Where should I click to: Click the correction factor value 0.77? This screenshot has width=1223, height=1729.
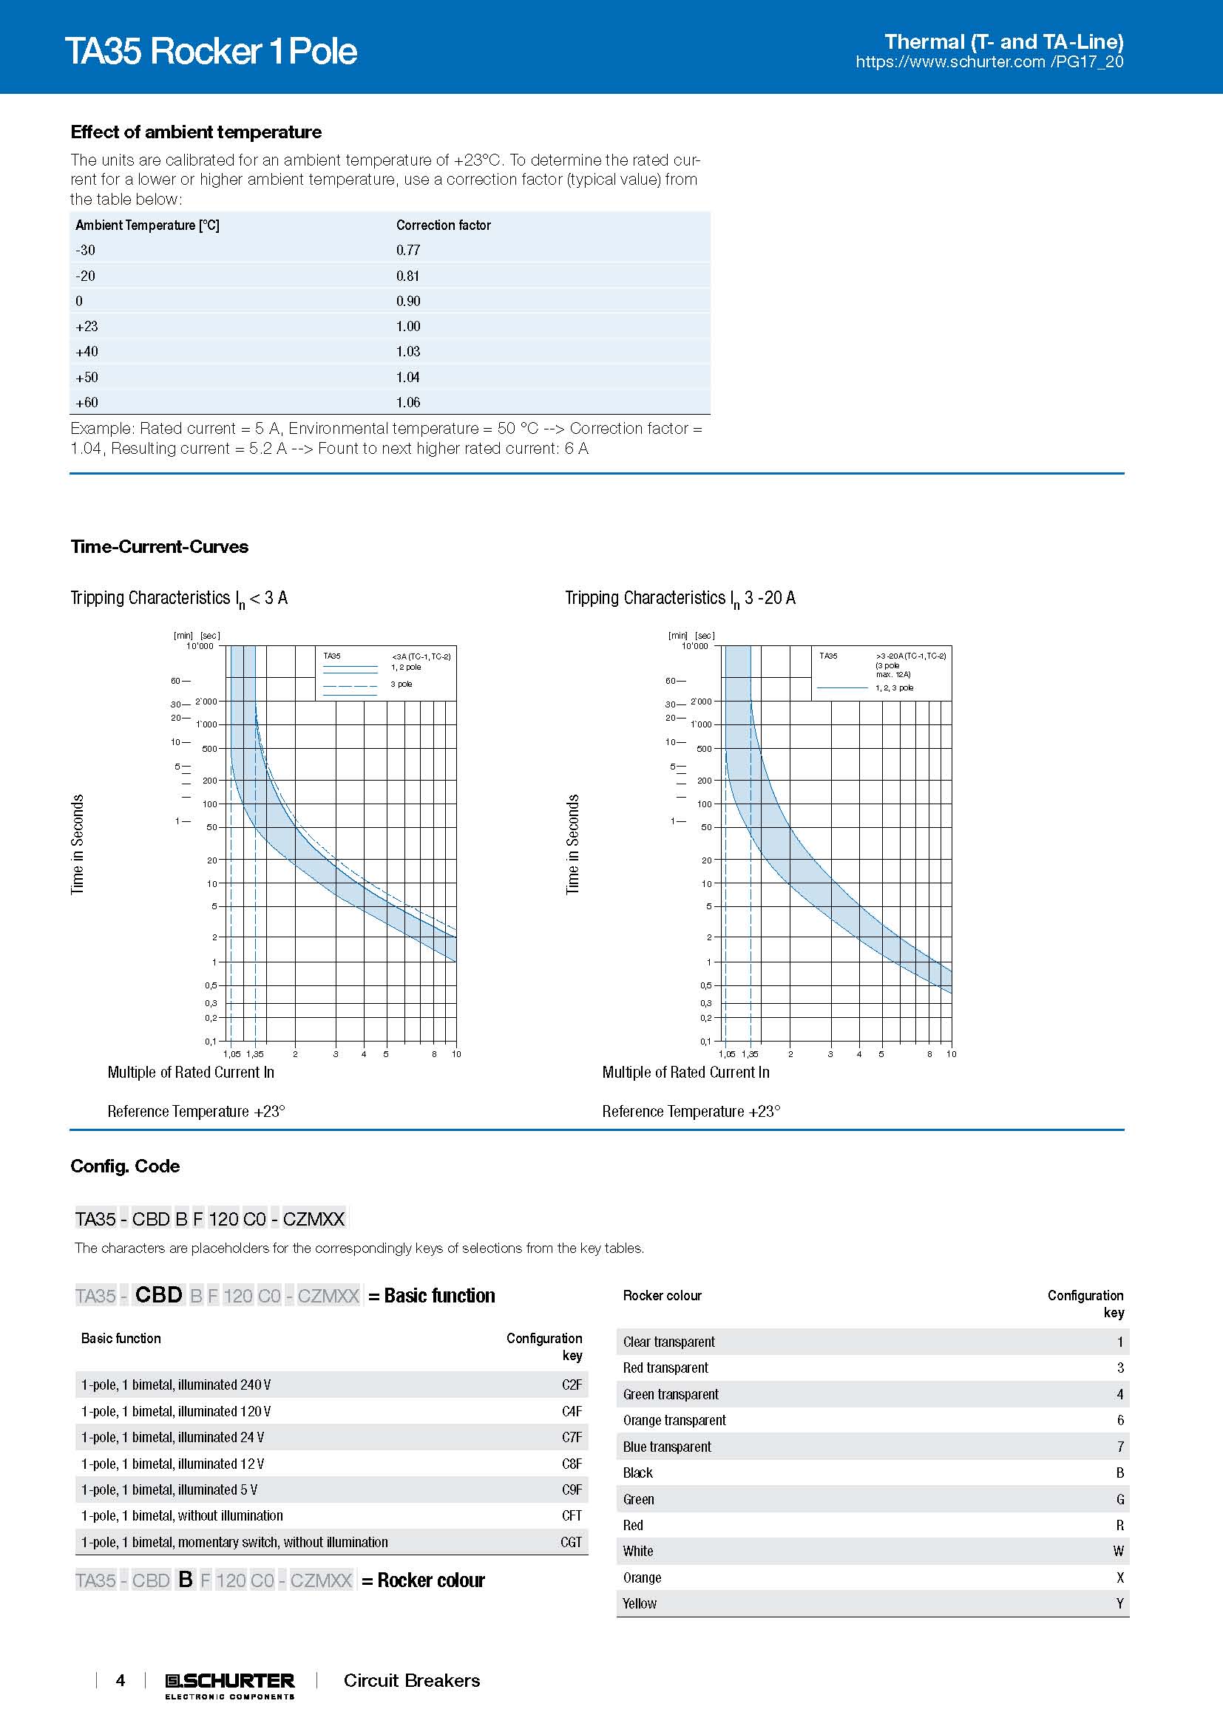(x=408, y=250)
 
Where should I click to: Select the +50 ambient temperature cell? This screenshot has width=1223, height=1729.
(x=87, y=377)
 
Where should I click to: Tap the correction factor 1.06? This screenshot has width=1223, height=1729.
(x=408, y=402)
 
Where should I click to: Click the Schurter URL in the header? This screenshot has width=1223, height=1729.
(x=989, y=63)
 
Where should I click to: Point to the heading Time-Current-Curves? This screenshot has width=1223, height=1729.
(x=159, y=547)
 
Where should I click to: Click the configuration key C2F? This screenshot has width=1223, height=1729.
(x=572, y=1384)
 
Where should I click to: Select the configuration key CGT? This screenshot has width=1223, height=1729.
(x=571, y=1541)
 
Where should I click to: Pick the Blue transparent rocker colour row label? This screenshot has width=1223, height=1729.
(x=666, y=1446)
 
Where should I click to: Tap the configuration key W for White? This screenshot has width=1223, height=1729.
(x=1118, y=1551)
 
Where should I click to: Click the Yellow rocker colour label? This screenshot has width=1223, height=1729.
(x=640, y=1603)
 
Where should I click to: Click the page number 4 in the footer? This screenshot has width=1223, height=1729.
(x=121, y=1680)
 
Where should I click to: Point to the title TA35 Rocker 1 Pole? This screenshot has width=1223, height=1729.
(x=211, y=51)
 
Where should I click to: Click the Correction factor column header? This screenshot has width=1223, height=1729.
(x=443, y=225)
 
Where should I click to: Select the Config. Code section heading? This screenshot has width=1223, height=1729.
(x=125, y=1166)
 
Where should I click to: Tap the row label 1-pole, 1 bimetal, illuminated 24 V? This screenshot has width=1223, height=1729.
(x=172, y=1437)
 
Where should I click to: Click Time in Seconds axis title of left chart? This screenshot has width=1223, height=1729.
(x=78, y=844)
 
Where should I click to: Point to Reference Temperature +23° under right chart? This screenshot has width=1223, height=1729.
(x=691, y=1112)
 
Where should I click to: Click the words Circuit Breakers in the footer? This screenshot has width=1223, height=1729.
(x=411, y=1680)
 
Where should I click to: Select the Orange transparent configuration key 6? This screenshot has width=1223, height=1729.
(x=1119, y=1419)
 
